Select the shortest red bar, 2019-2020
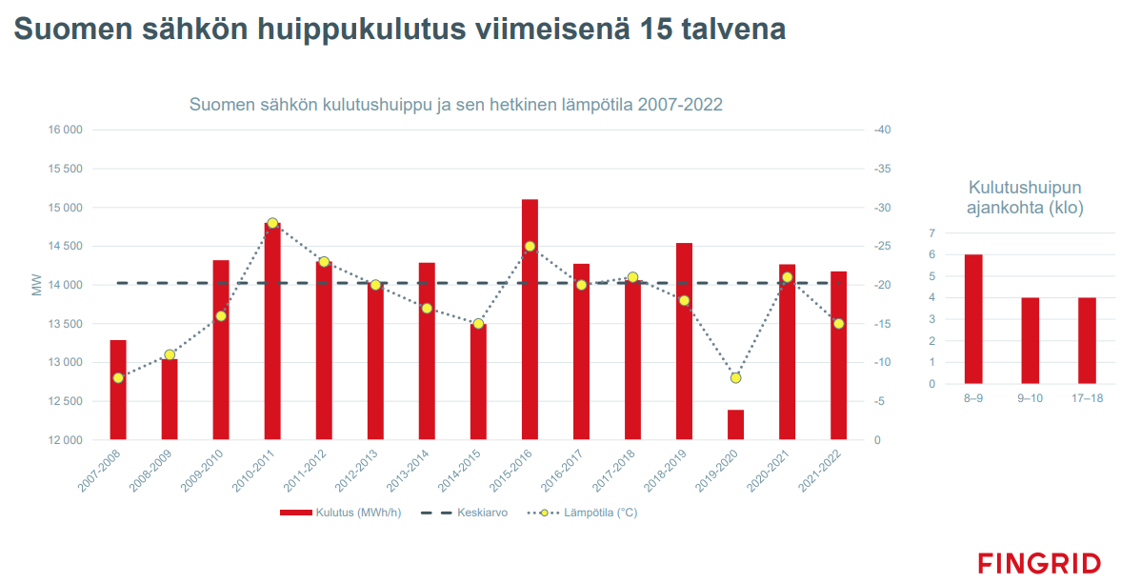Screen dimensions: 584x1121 (735, 425)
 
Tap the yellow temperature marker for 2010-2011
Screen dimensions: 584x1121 (272, 223)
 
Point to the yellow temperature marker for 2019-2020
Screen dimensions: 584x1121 (735, 378)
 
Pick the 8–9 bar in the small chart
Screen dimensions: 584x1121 (972, 319)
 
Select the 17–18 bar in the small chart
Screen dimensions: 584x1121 (1087, 340)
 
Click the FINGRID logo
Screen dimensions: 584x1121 (1038, 562)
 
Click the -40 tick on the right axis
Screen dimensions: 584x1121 (881, 130)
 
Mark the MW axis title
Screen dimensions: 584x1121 (37, 285)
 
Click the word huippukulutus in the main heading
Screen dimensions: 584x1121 (363, 30)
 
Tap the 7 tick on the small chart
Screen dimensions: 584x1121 (932, 233)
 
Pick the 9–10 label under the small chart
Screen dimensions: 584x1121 (1030, 398)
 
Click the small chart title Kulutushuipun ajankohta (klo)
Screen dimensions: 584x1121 (1025, 197)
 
